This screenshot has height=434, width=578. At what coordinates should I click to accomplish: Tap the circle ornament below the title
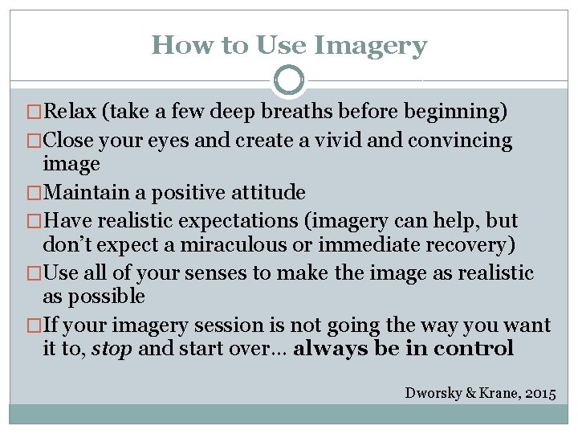289,80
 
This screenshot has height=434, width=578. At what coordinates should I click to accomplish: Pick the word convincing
459,141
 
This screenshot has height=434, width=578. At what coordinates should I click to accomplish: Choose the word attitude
266,193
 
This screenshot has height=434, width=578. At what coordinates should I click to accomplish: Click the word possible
104,297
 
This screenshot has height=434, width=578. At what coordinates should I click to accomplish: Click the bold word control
474,349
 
